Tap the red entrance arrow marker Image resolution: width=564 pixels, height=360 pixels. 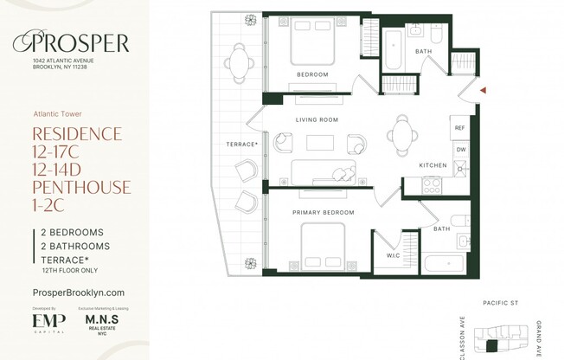tap(484, 88)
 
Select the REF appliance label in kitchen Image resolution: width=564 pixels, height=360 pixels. tap(460, 128)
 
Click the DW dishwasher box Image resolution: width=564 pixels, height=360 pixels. tap(460, 149)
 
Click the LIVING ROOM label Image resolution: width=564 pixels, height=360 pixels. tap(317, 119)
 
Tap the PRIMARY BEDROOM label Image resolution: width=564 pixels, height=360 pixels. tap(323, 211)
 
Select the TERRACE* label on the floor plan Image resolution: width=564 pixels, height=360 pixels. tap(243, 144)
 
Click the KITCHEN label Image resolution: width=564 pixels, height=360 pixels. tap(433, 165)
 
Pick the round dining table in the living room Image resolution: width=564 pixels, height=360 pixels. tap(402, 132)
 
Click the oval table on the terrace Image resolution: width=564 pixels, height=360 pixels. tap(239, 62)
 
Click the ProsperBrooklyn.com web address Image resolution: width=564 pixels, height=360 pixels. tap(78, 292)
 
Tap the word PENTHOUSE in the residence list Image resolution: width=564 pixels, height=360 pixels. tap(80, 186)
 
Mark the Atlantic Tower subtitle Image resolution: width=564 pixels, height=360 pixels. tap(57, 112)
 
